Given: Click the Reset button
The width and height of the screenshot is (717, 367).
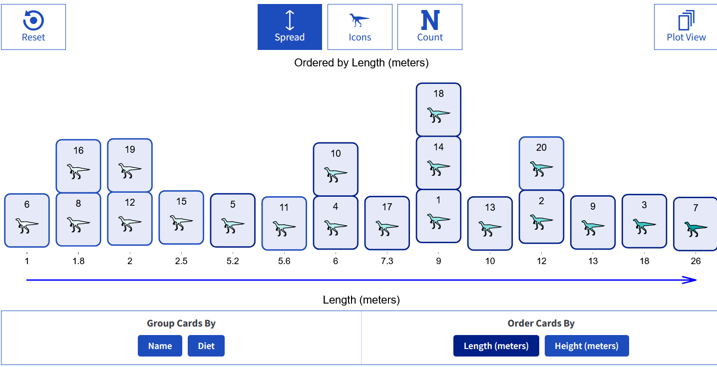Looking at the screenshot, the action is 33,27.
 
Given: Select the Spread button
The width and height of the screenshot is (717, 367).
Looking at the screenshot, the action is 290,27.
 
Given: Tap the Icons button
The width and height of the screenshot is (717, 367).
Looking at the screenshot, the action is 360,27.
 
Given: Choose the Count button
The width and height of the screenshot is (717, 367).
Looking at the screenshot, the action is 430,27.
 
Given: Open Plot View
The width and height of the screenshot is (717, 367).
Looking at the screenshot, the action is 686,27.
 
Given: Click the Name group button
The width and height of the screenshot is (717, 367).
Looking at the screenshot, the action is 160,346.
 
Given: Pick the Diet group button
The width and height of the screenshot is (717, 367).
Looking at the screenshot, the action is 206,346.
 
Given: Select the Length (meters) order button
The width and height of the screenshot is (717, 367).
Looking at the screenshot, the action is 496,346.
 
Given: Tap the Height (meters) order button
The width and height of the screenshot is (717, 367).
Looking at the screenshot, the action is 587,346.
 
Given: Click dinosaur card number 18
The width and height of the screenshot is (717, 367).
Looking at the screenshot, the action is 438,110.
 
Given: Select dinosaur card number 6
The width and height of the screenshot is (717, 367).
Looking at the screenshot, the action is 27,221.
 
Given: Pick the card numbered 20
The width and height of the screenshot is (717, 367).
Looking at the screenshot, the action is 541,163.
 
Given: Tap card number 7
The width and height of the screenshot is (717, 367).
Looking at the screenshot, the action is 695,224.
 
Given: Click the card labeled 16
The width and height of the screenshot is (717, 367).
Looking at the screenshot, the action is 78,166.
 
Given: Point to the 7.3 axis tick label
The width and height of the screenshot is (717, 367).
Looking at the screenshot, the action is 387,261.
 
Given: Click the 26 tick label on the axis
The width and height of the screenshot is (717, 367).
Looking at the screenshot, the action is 696,261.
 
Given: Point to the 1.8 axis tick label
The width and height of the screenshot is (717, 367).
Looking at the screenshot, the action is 78,261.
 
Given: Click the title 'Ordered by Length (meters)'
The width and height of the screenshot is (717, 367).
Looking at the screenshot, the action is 361,63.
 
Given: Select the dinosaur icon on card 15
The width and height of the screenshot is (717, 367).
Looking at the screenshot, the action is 181,223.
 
